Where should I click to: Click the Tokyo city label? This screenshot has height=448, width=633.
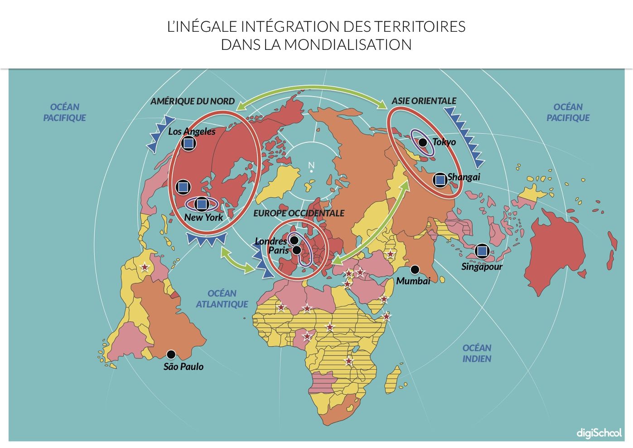pyautogui.click(x=444, y=142)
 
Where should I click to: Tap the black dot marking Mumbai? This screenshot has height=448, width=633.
pyautogui.click(x=415, y=270)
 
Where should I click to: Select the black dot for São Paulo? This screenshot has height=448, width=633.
pyautogui.click(x=171, y=354)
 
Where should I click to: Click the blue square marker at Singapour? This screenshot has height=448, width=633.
pyautogui.click(x=482, y=251)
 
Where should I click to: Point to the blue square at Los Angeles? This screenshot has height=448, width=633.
pyautogui.click(x=188, y=144)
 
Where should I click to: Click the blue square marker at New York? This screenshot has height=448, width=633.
pyautogui.click(x=202, y=204)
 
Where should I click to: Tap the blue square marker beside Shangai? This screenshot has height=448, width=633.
pyautogui.click(x=440, y=180)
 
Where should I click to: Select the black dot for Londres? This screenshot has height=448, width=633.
pyautogui.click(x=294, y=240)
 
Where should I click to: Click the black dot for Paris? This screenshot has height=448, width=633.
pyautogui.click(x=296, y=250)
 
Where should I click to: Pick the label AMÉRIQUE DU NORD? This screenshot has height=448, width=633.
pyautogui.click(x=193, y=101)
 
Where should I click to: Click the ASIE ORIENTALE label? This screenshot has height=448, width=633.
pyautogui.click(x=424, y=101)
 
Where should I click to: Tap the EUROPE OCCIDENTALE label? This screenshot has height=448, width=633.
pyautogui.click(x=299, y=213)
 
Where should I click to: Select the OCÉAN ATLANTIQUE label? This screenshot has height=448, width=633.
pyautogui.click(x=222, y=299)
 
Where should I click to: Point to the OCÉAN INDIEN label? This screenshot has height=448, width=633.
pyautogui.click(x=477, y=353)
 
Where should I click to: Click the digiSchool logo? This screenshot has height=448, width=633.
pyautogui.click(x=599, y=433)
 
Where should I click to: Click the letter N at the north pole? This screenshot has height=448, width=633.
pyautogui.click(x=311, y=165)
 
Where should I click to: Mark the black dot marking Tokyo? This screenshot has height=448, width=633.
pyautogui.click(x=422, y=142)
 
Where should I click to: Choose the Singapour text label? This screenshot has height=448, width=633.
pyautogui.click(x=482, y=267)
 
